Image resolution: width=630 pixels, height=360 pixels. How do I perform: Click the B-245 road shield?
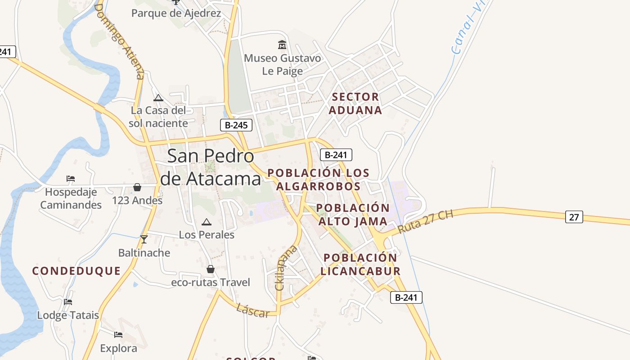pos(236,125)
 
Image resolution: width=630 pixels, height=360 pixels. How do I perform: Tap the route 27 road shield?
pos(574,217)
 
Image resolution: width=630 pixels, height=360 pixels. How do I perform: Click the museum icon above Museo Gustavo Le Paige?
pos(282,45)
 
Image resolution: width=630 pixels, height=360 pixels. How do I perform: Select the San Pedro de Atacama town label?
pos(211,167)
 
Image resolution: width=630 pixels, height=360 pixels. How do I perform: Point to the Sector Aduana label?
pos(355,103)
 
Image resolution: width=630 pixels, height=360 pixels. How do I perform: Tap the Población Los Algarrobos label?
pos(319,180)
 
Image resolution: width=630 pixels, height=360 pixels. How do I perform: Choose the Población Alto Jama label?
pos(353,215)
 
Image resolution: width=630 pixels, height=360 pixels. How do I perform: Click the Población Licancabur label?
pos(360,264)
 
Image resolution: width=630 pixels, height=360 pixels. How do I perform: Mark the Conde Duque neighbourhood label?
pos(76,271)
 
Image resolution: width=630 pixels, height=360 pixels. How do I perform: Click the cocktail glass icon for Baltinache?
pos(144,239)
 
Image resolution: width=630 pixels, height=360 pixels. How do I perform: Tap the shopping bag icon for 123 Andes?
pos(137,187)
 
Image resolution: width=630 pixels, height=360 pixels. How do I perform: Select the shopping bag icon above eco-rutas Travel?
pos(210,269)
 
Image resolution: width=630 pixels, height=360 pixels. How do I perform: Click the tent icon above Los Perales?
pos(207,222)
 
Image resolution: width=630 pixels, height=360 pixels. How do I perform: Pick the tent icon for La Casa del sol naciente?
pos(158,98)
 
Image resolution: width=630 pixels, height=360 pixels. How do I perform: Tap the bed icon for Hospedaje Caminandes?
pos(71,179)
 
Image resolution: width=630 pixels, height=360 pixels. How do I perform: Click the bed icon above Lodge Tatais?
pos(68,301)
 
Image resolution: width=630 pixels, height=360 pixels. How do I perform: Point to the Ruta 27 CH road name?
pos(425,222)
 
